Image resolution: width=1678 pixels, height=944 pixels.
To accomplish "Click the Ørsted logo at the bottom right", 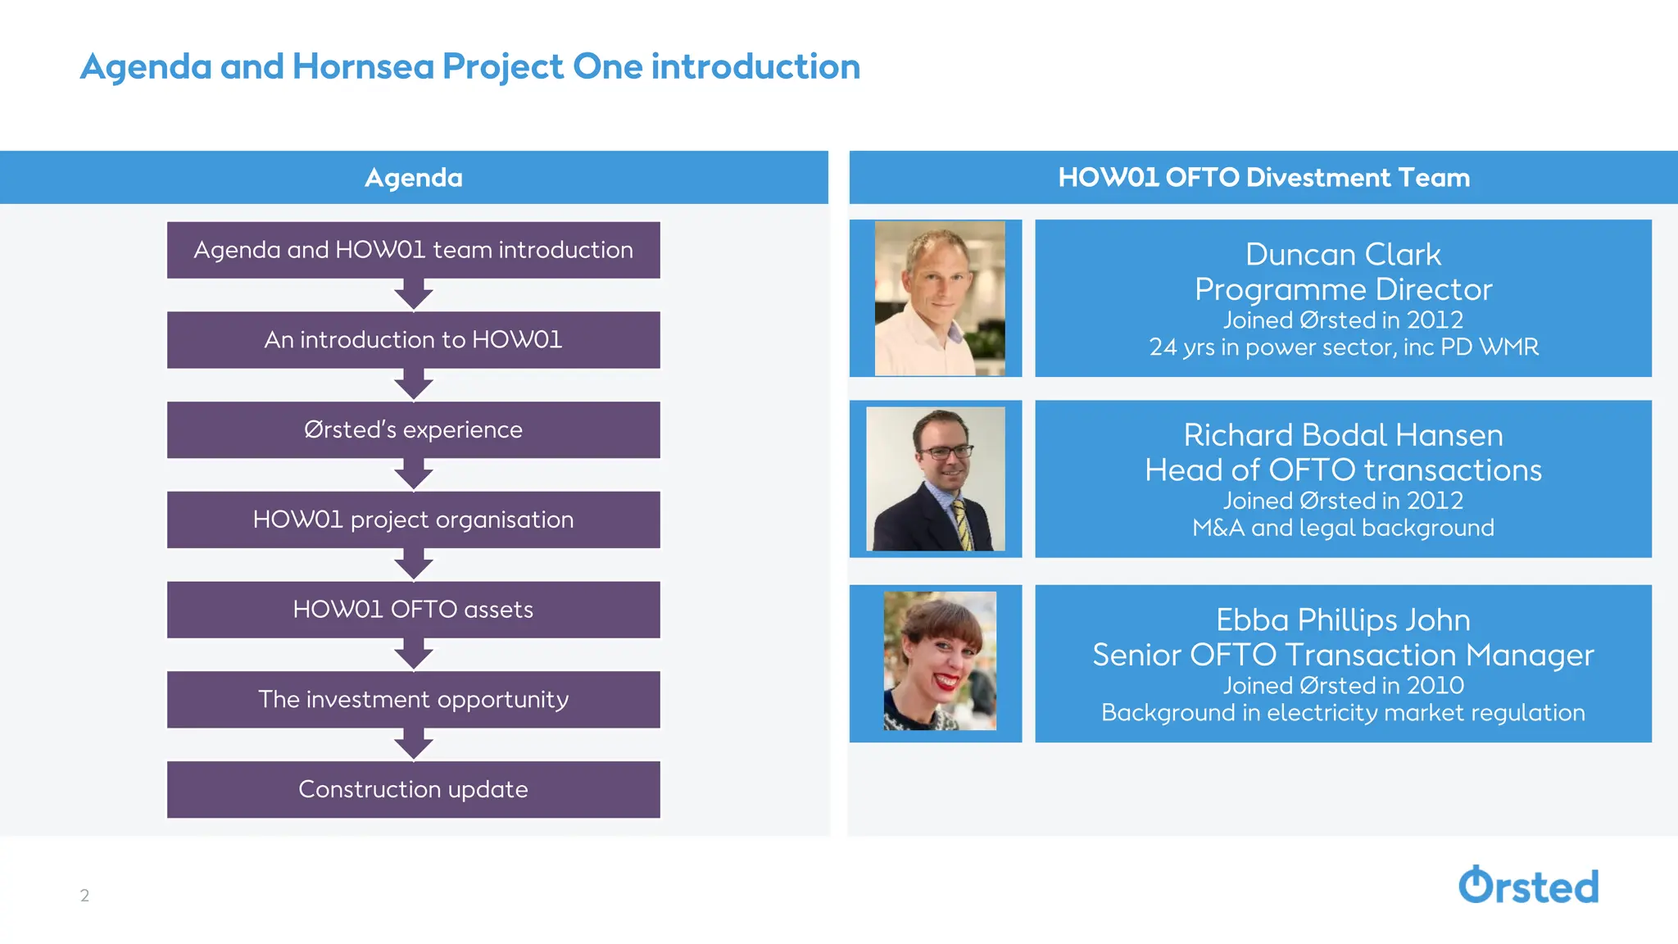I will coord(1528,886).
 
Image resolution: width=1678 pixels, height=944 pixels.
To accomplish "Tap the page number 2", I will coord(84,895).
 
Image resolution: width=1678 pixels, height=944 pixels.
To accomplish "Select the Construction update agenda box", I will coord(413,789).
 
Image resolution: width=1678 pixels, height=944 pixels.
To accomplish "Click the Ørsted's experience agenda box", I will coord(413,429).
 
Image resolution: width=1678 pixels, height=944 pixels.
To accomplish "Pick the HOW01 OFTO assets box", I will coord(413,610).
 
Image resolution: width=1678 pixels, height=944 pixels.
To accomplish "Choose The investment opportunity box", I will coord(413,700).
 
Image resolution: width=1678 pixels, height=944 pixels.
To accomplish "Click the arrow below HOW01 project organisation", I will coord(413,565).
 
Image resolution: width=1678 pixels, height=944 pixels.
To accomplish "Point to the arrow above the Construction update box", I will coord(413,745).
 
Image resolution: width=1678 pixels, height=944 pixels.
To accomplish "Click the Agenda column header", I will coord(413,177).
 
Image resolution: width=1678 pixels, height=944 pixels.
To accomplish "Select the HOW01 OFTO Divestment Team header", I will coord(1263,177).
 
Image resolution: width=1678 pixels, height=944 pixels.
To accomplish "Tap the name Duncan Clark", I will coord(1343,254).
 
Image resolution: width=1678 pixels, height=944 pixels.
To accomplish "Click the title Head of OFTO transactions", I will coord(1343,470).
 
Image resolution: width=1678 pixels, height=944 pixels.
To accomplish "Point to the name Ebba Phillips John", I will coord(1343,619).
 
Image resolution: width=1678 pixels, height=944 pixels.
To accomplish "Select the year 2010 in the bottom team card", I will coord(1435,685).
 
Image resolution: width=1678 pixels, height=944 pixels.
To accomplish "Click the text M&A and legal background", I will coord(1343,528).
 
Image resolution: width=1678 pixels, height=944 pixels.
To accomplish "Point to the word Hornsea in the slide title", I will coord(362,66).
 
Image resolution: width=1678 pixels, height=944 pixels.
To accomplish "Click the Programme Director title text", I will coord(1343,289).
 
